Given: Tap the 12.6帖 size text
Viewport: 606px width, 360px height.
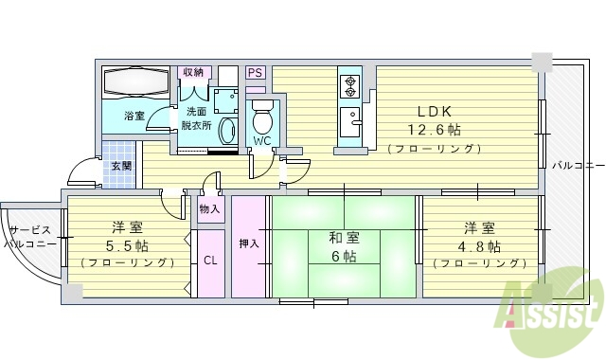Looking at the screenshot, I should click(436, 130).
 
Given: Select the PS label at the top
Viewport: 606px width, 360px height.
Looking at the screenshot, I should click(255, 72).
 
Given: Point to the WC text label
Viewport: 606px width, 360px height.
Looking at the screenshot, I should click(261, 141).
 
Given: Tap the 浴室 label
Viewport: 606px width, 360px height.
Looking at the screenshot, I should click(134, 117).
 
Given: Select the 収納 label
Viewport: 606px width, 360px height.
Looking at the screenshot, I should click(194, 72).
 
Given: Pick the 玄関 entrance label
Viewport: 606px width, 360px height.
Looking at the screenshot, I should click(120, 166).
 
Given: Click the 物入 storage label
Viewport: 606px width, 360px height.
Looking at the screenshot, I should click(210, 208).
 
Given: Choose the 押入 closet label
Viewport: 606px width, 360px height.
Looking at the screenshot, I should click(249, 243).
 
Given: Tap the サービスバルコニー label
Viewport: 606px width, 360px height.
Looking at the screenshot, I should click(28, 237).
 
